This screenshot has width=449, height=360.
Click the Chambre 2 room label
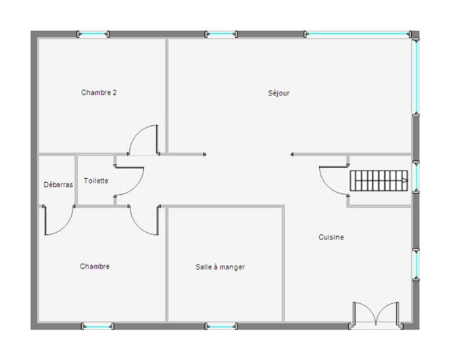99,93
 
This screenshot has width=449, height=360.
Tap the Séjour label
279,93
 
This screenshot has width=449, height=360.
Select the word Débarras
58,184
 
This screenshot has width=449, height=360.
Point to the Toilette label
96,181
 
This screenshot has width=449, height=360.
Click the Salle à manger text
220,267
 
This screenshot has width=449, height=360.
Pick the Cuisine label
331,237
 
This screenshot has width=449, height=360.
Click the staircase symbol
379,181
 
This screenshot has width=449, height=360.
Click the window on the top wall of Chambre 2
93,34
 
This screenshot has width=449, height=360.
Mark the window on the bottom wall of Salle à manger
220,327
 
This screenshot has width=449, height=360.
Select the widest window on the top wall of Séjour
358,34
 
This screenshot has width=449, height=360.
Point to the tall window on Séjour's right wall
416,74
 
